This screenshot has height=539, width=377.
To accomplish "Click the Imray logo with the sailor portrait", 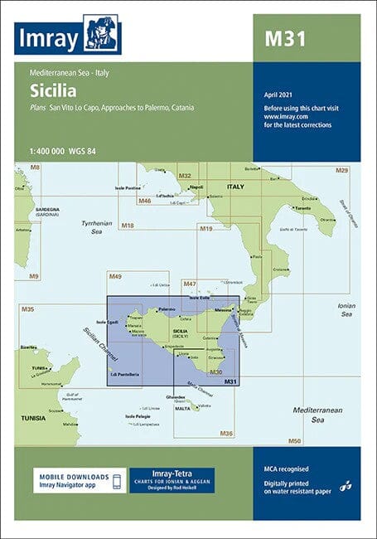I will pyautogui.click(x=68, y=35).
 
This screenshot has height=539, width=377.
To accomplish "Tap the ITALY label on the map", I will pyautogui.click(x=236, y=187).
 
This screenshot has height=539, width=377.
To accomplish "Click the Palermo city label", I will pyautogui.click(x=168, y=308).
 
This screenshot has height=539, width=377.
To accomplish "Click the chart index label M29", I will pyautogui.click(x=341, y=170).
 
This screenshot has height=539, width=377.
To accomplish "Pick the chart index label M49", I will pyautogui.click(x=115, y=276).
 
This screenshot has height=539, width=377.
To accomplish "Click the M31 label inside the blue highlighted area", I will pyautogui.click(x=230, y=381).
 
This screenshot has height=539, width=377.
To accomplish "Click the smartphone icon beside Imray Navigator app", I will pyautogui.click(x=118, y=481).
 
